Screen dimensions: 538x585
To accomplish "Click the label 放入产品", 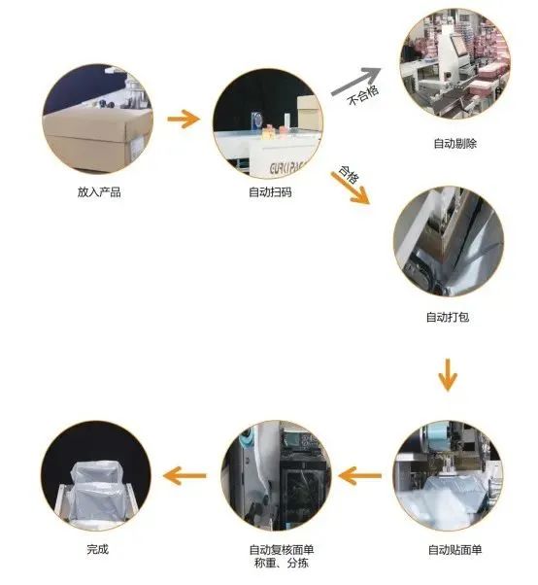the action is click(x=99, y=192).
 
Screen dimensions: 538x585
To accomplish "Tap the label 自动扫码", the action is click(x=270, y=192).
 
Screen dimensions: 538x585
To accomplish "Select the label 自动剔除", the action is click(x=454, y=143).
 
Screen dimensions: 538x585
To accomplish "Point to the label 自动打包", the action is click(x=448, y=317).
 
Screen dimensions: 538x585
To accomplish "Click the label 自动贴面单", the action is click(x=454, y=549).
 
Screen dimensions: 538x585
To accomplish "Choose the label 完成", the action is click(x=98, y=549).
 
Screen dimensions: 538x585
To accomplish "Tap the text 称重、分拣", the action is click(x=282, y=563).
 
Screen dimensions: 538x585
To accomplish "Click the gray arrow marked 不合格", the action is click(x=356, y=81).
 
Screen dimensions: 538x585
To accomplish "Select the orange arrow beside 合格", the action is click(x=351, y=188).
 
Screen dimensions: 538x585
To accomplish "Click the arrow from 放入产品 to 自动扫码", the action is click(x=184, y=119).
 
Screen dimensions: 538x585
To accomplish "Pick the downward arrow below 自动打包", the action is click(x=448, y=374).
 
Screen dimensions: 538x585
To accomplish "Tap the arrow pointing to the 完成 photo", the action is click(x=185, y=476).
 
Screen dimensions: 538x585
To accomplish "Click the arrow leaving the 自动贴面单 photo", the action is click(x=359, y=476).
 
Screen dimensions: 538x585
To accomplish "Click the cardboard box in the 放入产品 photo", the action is click(x=96, y=139).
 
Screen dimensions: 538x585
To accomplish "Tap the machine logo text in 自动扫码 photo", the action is click(x=287, y=168).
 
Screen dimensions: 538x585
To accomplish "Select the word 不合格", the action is click(x=363, y=95).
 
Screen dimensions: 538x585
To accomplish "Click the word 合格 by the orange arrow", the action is click(x=349, y=174).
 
